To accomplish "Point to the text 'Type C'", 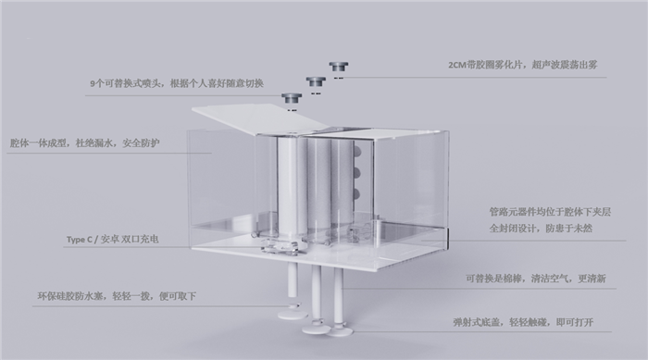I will [81, 240].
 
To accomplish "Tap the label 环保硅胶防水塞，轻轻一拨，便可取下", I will [116, 296].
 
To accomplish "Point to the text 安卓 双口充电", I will [131, 240].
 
